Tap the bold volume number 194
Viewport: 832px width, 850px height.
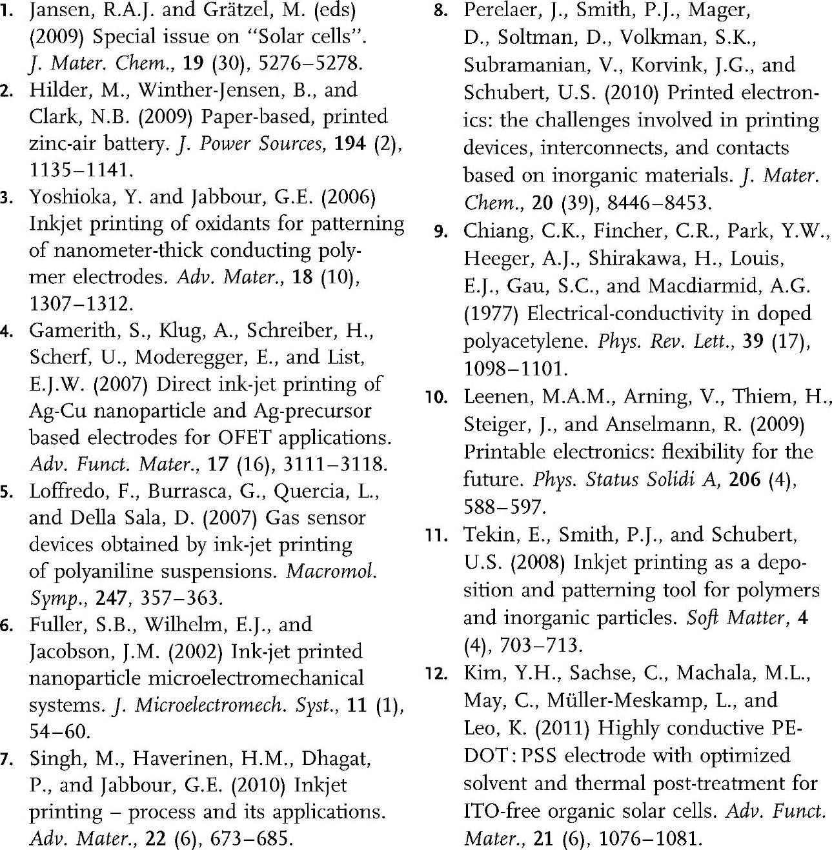[350, 143]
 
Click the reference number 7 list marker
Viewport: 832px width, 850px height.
[7, 759]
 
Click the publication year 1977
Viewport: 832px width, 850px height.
[491, 314]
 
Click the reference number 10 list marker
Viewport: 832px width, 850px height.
[437, 397]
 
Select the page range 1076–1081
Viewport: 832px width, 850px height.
[649, 838]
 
